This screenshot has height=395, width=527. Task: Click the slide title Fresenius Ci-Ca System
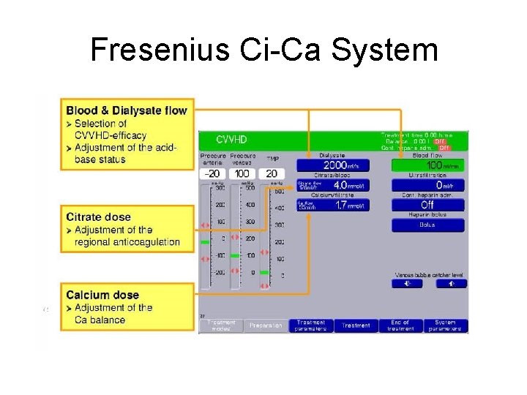click(x=263, y=50)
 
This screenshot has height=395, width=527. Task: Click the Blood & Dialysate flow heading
click(x=127, y=111)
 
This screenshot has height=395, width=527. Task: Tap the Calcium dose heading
click(x=102, y=295)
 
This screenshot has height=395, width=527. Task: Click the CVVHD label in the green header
click(x=231, y=139)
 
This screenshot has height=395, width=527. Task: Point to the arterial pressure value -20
click(x=213, y=174)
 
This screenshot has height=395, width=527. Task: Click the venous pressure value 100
click(x=242, y=174)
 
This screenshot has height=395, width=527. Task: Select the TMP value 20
click(x=272, y=174)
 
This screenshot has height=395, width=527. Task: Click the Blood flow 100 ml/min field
click(x=427, y=165)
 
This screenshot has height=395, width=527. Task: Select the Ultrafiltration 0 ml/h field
click(x=427, y=186)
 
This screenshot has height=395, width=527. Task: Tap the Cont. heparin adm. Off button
click(x=427, y=206)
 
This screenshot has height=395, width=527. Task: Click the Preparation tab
click(x=265, y=326)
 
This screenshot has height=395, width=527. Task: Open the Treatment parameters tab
click(x=311, y=326)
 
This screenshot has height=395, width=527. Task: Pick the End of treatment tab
click(x=400, y=326)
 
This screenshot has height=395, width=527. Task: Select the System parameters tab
click(x=445, y=326)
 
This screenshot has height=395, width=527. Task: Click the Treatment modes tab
click(x=220, y=326)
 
